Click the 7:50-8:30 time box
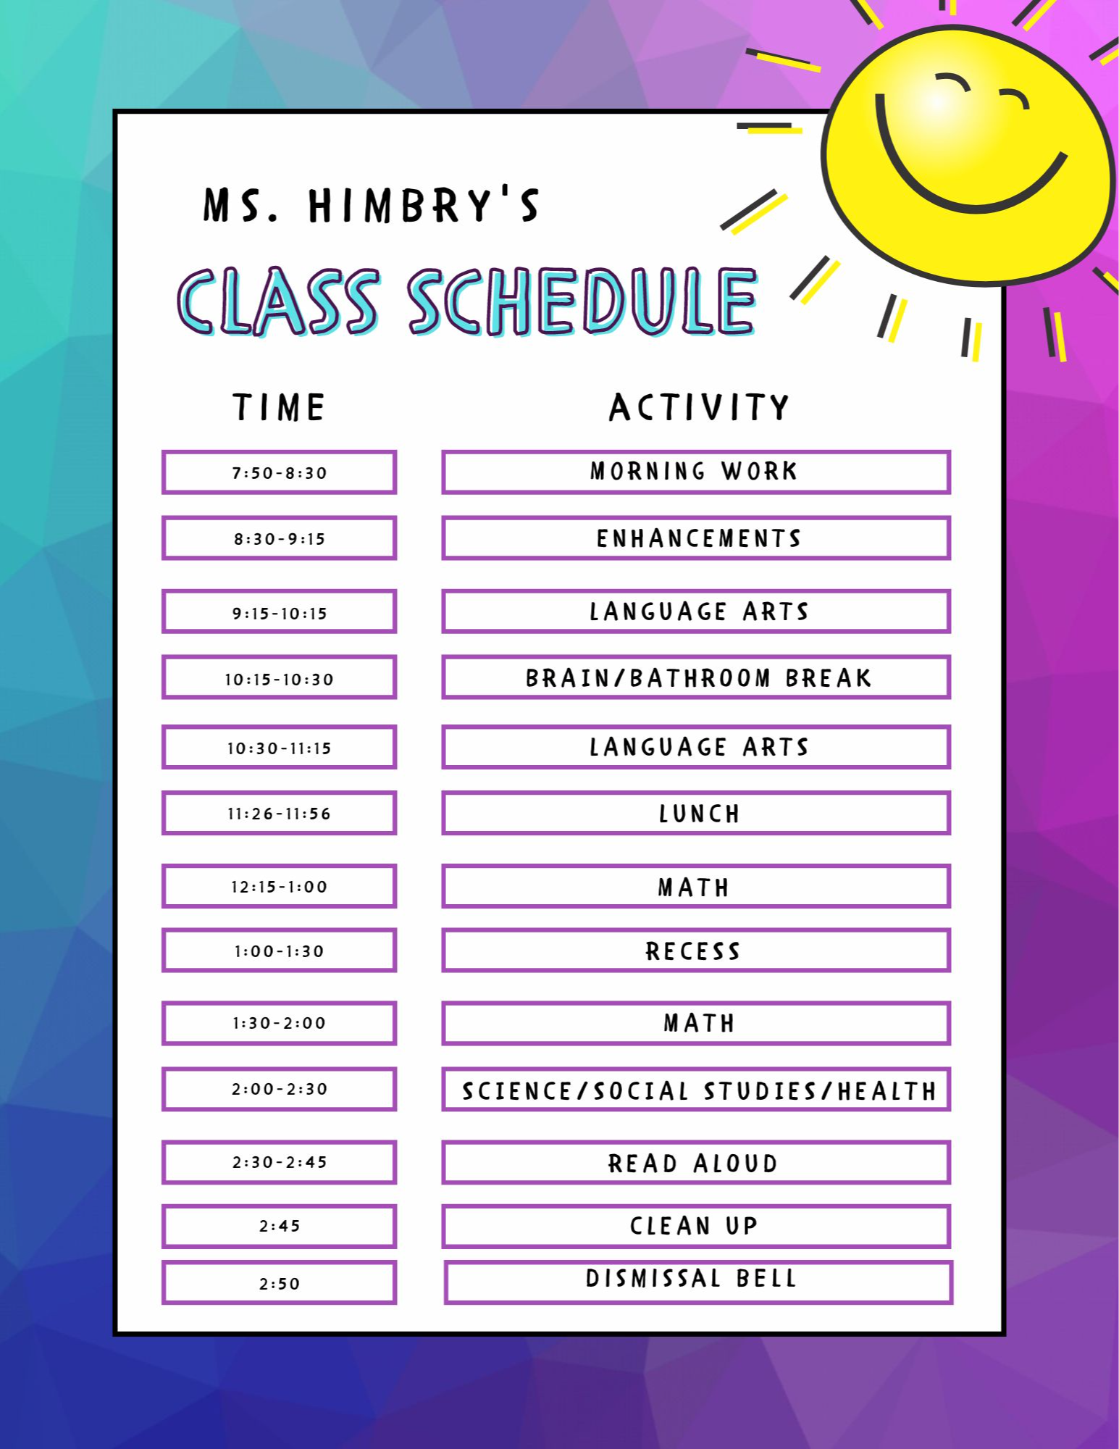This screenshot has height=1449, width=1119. (x=279, y=472)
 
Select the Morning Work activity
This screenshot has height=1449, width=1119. (x=696, y=472)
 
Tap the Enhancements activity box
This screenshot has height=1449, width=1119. (x=696, y=538)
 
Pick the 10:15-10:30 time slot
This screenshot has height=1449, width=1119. (x=279, y=677)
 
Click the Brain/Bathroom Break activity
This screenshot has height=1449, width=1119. (x=696, y=677)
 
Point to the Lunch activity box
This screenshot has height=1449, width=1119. (x=696, y=813)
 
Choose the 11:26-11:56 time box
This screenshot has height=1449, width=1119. (x=279, y=813)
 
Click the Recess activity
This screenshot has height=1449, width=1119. (x=696, y=950)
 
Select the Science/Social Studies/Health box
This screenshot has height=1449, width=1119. (x=696, y=1089)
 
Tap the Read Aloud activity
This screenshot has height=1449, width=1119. (x=696, y=1163)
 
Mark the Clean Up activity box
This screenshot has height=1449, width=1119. (x=696, y=1226)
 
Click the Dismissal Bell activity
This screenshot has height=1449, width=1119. (x=698, y=1282)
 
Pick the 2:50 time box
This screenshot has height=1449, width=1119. (x=279, y=1282)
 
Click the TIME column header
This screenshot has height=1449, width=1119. (x=279, y=407)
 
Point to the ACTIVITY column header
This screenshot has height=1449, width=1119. (x=699, y=407)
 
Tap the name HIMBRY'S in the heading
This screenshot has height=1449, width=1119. (x=424, y=205)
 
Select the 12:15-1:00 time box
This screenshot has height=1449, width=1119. (x=279, y=885)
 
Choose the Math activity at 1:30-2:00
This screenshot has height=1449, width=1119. (x=696, y=1023)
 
